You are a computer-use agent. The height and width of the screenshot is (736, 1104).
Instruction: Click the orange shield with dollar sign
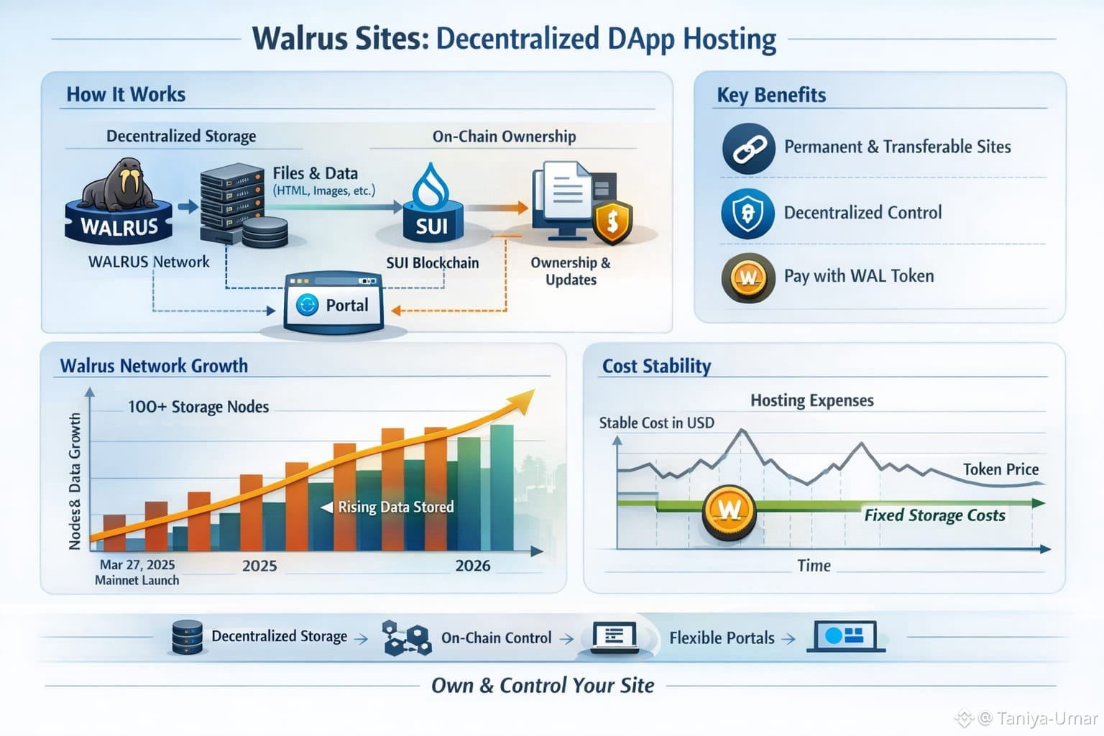pyautogui.click(x=612, y=221)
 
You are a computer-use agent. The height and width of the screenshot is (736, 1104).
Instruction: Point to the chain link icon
pyautogui.click(x=748, y=148)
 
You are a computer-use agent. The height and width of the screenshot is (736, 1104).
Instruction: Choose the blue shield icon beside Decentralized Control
pyautogui.click(x=747, y=213)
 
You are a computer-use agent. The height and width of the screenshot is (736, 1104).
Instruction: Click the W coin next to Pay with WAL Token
pyautogui.click(x=748, y=277)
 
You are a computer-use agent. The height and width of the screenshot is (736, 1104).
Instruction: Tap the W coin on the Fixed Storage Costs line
pyautogui.click(x=729, y=510)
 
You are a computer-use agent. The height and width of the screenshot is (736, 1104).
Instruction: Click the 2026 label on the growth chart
pyautogui.click(x=473, y=566)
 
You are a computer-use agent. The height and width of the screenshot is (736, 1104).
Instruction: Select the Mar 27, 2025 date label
pyautogui.click(x=137, y=565)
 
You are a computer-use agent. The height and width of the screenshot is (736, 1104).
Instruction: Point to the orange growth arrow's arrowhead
pyautogui.click(x=523, y=400)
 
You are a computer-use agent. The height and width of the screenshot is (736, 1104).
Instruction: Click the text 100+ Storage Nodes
pyautogui.click(x=198, y=407)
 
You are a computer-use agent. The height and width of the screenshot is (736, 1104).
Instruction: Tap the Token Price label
pyautogui.click(x=1000, y=469)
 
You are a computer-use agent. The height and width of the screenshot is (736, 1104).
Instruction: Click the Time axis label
pyautogui.click(x=814, y=566)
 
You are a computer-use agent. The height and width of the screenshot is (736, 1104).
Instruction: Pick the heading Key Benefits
pyautogui.click(x=771, y=95)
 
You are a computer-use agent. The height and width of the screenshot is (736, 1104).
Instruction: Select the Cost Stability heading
pyautogui.click(x=656, y=366)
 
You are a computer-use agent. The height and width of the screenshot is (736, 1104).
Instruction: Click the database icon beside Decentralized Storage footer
pyautogui.click(x=188, y=637)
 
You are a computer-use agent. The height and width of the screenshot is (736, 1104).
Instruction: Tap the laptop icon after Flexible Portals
pyautogui.click(x=845, y=637)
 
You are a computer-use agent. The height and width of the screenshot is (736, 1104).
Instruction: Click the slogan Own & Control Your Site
pyautogui.click(x=543, y=686)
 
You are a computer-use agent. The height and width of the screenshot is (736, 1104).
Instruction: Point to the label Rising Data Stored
pyautogui.click(x=395, y=507)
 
